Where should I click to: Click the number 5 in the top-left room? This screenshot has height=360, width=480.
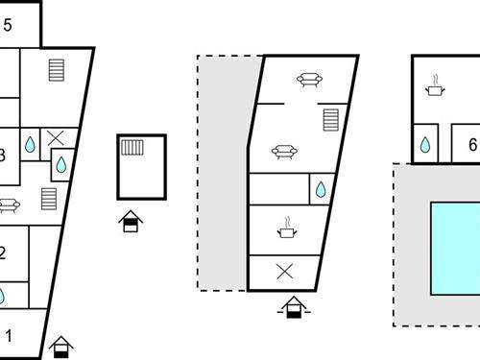click(8, 26)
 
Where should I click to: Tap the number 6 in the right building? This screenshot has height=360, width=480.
click(472, 146)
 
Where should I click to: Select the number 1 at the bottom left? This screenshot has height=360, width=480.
click(10, 336)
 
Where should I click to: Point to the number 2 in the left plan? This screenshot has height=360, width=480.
click(3, 253)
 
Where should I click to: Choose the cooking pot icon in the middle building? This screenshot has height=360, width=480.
click(286, 230)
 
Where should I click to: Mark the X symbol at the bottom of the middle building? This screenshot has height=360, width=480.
click(284, 271)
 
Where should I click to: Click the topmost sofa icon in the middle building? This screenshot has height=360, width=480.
click(308, 81)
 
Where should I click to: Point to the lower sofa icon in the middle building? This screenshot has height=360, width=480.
click(283, 152)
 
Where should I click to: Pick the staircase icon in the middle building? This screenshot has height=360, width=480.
click(331, 120)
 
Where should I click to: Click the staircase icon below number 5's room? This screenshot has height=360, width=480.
click(57, 72)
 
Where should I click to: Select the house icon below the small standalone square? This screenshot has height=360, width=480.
click(130, 223)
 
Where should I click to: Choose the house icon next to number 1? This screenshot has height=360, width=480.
click(61, 346)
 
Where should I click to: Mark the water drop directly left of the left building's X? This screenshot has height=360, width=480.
click(30, 145)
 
